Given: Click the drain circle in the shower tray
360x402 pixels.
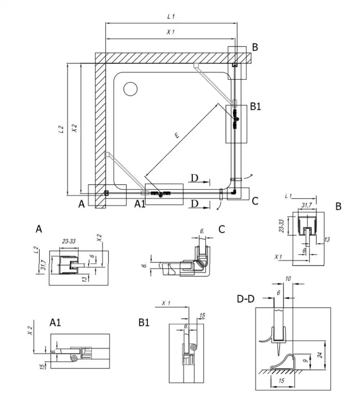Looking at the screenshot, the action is click(x=130, y=89).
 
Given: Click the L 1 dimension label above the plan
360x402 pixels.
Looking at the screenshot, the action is click(x=171, y=17).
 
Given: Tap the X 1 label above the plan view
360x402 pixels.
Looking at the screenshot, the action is click(x=171, y=32).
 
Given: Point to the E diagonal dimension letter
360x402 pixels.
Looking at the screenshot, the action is click(x=177, y=135).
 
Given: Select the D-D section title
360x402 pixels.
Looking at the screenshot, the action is click(x=246, y=299).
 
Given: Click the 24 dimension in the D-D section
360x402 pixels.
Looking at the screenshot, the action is click(x=320, y=355).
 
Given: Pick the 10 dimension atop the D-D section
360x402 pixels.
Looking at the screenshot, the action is click(x=288, y=279).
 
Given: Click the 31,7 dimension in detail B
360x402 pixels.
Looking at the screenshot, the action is click(x=306, y=205).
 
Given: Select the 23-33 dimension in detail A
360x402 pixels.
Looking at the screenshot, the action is click(x=69, y=241).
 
